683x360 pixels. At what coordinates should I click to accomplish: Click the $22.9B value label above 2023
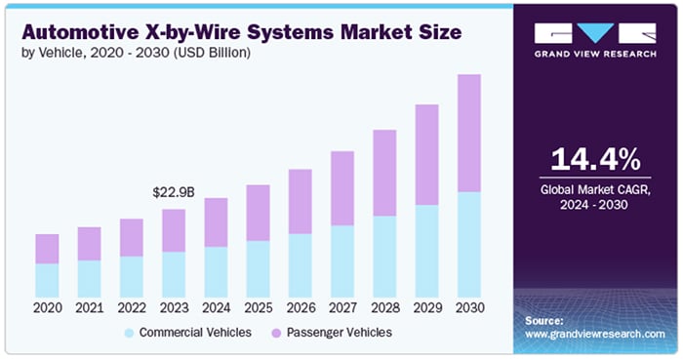[x=174, y=193]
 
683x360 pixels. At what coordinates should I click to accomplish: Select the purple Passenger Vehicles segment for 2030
[x=469, y=133]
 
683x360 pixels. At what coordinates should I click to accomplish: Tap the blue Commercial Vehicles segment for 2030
[x=469, y=244]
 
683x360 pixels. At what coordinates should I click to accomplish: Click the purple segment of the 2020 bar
[x=47, y=249]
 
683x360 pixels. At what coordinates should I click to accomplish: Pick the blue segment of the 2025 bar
[x=258, y=268]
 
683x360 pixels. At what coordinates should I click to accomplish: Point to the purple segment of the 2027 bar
[x=342, y=188]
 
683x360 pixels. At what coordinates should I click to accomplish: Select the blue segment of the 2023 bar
[x=174, y=274]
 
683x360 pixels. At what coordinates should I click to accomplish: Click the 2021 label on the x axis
[x=89, y=308]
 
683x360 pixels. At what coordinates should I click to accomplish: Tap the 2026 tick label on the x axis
[x=301, y=308]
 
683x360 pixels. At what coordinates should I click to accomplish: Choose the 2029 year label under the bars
[x=427, y=308]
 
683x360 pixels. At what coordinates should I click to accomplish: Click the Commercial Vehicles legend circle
[x=129, y=333]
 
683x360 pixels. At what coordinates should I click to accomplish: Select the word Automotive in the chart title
[x=80, y=32]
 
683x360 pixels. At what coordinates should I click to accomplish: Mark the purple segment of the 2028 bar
[x=384, y=173]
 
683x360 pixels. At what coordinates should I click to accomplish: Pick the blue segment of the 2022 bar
[x=131, y=276]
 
